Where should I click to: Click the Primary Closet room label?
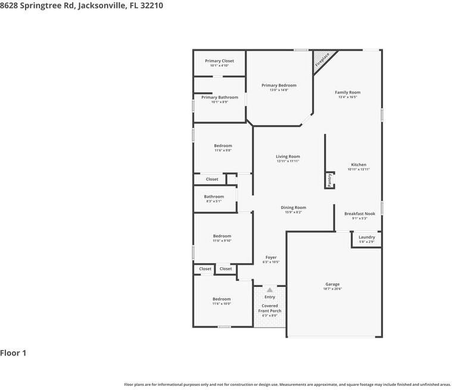219,61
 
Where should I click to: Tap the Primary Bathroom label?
219,97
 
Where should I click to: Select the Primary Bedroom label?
279,85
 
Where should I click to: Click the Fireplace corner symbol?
322,59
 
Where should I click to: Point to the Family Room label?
347,92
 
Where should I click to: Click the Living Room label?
288,157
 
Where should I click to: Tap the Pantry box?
329,180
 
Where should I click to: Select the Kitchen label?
359,164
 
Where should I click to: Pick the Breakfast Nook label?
360,214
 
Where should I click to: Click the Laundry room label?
366,237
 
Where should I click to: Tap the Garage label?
332,284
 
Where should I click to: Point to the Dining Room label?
293,208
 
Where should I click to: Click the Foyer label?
270,257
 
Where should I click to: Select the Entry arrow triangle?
270,290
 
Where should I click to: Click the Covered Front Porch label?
270,308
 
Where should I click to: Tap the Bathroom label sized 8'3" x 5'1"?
214,196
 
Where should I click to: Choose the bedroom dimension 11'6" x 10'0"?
222,304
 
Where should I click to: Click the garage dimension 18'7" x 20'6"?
333,289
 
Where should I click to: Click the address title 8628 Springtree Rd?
82,5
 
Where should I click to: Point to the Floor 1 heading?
13,353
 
